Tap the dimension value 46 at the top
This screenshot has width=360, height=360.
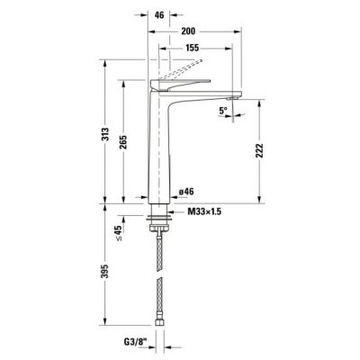(x=159, y=15)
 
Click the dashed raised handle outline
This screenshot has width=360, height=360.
(x=184, y=71)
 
